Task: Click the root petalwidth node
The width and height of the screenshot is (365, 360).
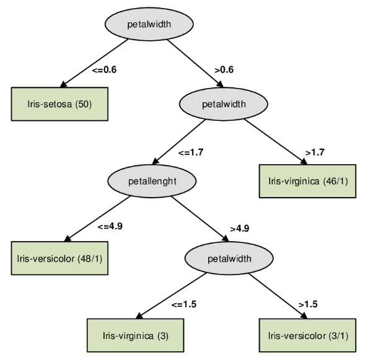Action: (146, 25)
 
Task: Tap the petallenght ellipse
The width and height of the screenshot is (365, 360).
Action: (152, 181)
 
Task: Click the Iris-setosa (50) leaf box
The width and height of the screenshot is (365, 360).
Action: (59, 103)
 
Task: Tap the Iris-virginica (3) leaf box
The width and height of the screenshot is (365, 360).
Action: (135, 336)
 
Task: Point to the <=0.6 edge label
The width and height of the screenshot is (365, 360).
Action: (104, 70)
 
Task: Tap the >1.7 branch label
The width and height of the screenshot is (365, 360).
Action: (315, 151)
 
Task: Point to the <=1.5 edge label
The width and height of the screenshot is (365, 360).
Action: (185, 304)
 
